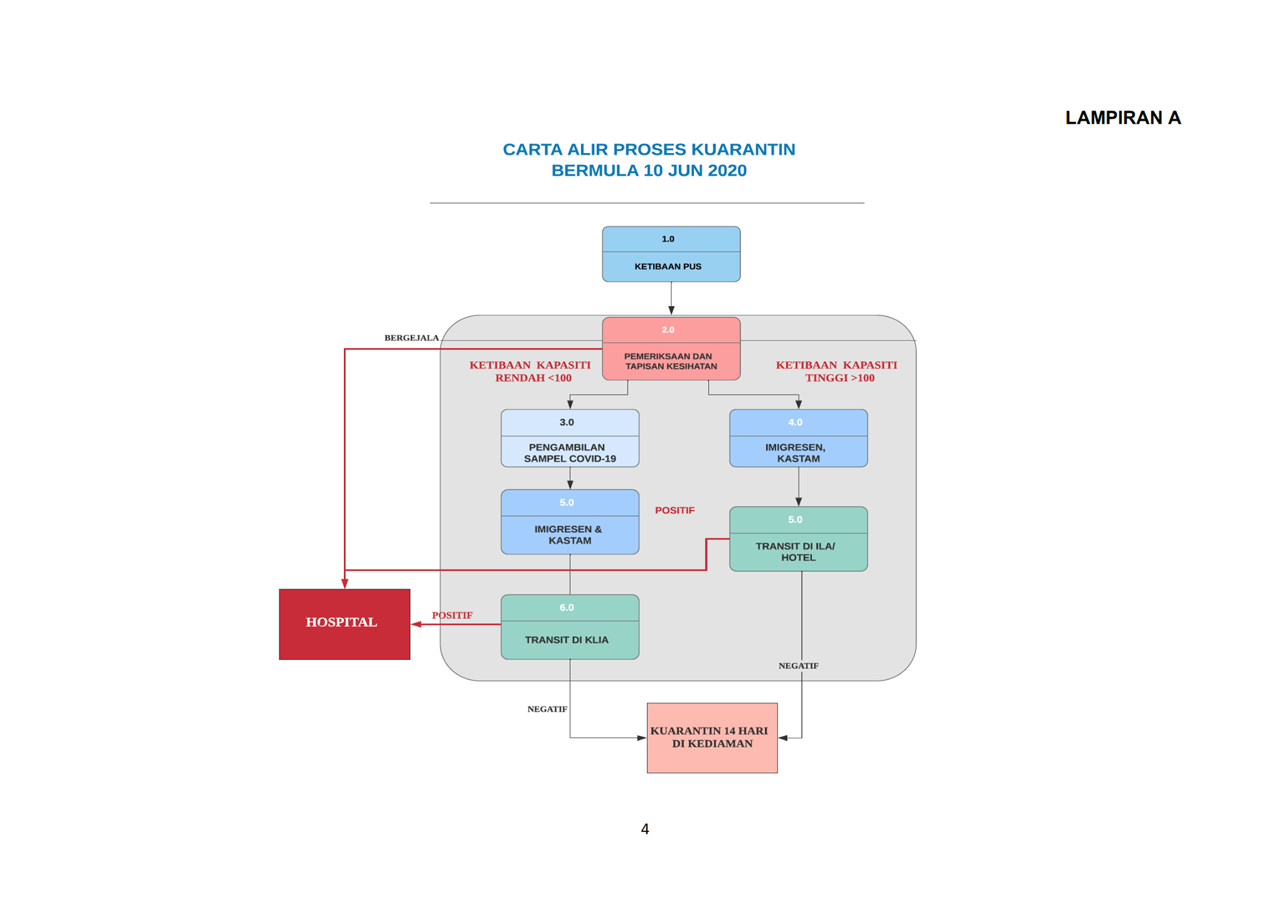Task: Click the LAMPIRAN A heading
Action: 1122,117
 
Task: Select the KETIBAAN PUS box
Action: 671,254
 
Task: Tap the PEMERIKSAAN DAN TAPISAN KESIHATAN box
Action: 671,348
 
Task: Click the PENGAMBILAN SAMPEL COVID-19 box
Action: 570,438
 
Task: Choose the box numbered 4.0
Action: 798,438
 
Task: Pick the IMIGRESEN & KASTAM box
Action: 570,521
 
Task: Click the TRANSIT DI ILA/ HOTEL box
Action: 798,538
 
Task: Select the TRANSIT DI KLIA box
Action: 570,627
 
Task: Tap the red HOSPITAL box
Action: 344,624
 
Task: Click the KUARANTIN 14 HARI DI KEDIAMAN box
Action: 712,737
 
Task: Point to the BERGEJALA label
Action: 412,338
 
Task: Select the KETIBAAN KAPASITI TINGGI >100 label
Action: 836,371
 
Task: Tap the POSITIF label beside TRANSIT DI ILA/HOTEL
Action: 674,510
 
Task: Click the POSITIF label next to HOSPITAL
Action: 452,615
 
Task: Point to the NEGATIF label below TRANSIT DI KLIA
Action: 547,709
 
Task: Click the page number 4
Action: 645,829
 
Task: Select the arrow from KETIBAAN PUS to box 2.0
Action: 671,298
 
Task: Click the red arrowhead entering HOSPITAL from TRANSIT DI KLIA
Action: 416,624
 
